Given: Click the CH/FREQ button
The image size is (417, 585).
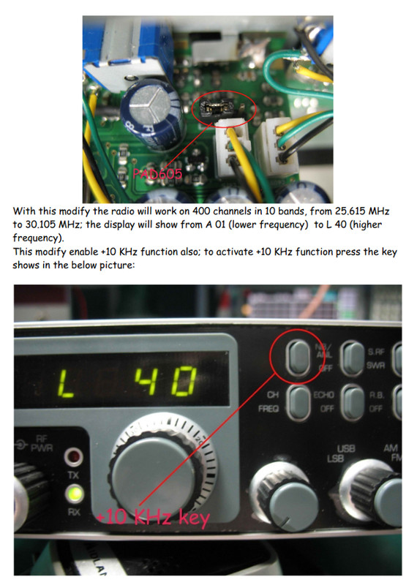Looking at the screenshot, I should tap(297, 401).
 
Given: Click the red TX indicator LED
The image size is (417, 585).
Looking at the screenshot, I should tap(72, 459).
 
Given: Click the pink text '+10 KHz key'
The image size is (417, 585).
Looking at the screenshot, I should tap(154, 518).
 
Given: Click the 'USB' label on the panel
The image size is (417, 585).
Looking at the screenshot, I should tap(346, 448).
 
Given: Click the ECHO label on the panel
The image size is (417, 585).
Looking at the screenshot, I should tap(323, 395).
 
